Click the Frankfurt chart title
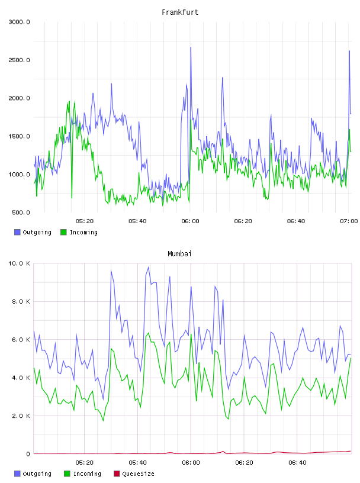point(180,12)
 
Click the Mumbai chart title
point(179,254)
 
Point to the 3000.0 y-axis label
point(19,22)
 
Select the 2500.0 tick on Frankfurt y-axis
point(19,60)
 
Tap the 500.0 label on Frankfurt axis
point(21,212)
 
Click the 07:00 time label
point(349,221)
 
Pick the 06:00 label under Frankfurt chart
point(190,221)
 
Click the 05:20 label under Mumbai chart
point(85,463)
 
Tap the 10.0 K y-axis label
point(19,263)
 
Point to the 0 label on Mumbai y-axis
point(28,454)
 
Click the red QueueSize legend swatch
point(117,474)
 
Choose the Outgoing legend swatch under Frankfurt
point(17,232)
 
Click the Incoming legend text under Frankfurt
point(83,232)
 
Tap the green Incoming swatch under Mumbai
point(67,474)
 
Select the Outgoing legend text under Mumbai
point(37,474)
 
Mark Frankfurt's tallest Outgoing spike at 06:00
point(191,47)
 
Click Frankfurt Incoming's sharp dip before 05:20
point(72,198)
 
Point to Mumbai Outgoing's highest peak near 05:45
point(149,268)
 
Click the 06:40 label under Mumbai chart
point(297,463)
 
